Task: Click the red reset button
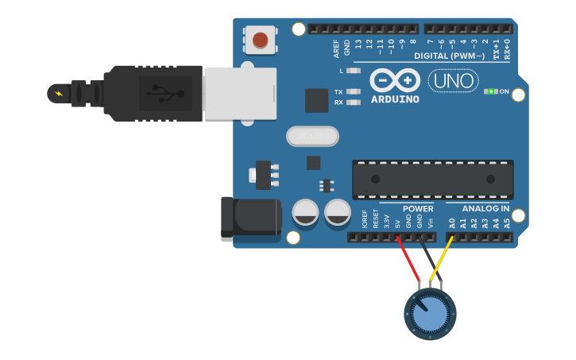[x=260, y=39]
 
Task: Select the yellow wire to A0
[x=443, y=256]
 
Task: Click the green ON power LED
[x=491, y=91]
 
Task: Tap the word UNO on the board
[x=453, y=80]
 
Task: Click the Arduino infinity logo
[x=395, y=81]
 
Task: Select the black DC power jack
[x=251, y=220]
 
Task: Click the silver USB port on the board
[x=240, y=94]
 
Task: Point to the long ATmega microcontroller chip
[x=432, y=180]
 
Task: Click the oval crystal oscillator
[x=312, y=137]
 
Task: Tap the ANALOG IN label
[x=485, y=208]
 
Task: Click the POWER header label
[x=418, y=208]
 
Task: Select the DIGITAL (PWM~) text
[x=449, y=56]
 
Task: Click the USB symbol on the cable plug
[x=165, y=94]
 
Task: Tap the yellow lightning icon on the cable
[x=58, y=94]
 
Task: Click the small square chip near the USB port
[x=316, y=100]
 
